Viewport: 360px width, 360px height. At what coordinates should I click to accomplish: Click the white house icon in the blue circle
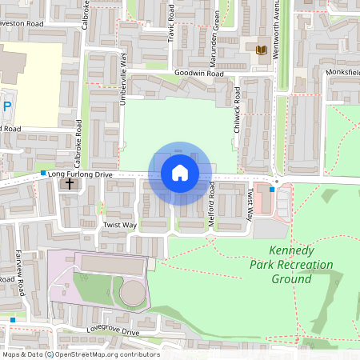179,173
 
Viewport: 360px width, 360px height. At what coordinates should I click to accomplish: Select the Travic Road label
170,32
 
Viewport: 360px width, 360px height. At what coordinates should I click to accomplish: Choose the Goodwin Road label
198,73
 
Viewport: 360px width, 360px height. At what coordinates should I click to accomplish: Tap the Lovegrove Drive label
114,331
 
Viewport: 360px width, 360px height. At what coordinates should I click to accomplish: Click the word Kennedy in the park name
293,250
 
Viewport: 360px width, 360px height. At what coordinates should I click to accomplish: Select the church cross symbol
69,184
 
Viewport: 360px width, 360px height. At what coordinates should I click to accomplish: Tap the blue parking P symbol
7,106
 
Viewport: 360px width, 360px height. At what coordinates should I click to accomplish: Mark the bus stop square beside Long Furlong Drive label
42,173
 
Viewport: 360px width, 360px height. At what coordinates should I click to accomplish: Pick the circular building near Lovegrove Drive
133,293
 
